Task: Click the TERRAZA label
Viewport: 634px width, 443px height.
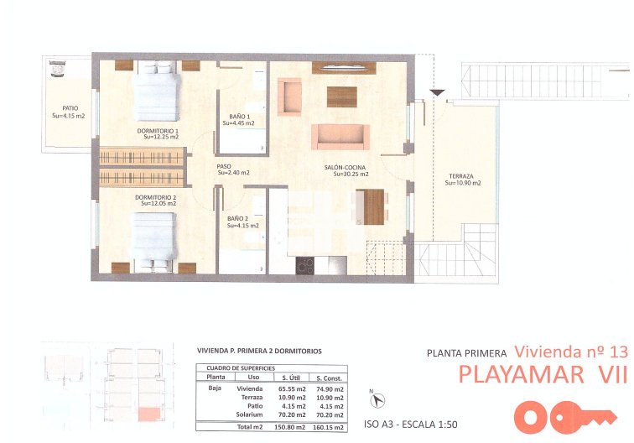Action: [x=461, y=178]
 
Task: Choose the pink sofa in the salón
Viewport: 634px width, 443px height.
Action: [x=338, y=135]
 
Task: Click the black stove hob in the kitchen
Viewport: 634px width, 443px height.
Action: [x=305, y=265]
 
